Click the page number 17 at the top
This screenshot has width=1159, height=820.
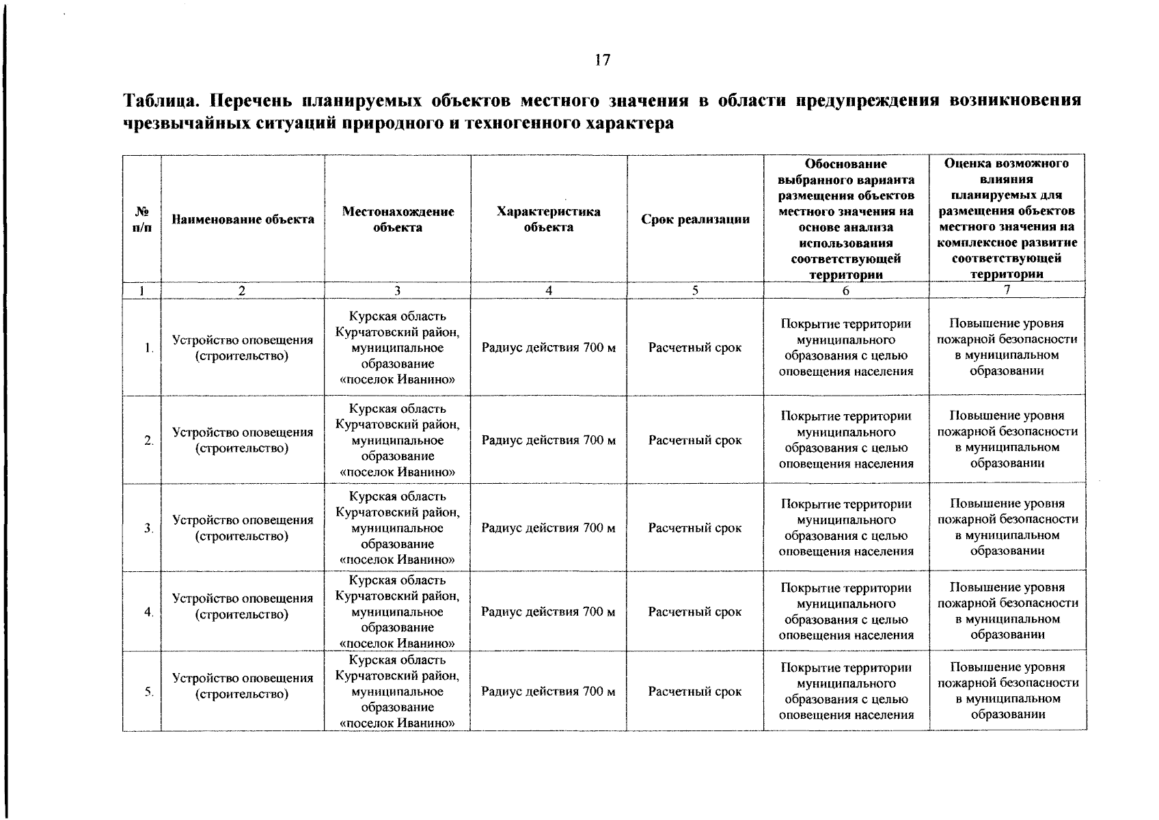click(x=601, y=60)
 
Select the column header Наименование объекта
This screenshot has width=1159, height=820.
click(x=243, y=219)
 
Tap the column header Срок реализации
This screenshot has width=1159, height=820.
click(x=695, y=219)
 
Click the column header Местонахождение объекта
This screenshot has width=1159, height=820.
click(x=398, y=219)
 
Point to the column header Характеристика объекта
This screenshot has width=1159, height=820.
click(x=548, y=219)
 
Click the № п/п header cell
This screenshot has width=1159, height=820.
click(x=141, y=219)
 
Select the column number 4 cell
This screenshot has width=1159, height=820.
click(x=548, y=290)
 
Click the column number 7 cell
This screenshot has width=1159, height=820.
click(x=1007, y=290)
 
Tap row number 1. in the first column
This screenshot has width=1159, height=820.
click(x=148, y=348)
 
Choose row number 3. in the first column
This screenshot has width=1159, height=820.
click(x=148, y=528)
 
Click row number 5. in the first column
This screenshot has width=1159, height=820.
click(x=148, y=692)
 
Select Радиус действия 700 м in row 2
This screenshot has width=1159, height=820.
click(x=548, y=440)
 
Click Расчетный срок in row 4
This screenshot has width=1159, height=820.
click(x=695, y=612)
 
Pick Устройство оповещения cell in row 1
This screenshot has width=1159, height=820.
click(x=243, y=348)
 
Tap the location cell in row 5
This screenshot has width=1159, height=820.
click(x=398, y=691)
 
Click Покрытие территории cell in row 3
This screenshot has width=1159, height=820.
click(x=846, y=528)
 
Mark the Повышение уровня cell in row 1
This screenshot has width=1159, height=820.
click(x=1007, y=347)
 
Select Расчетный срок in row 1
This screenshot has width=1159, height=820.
click(x=695, y=348)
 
